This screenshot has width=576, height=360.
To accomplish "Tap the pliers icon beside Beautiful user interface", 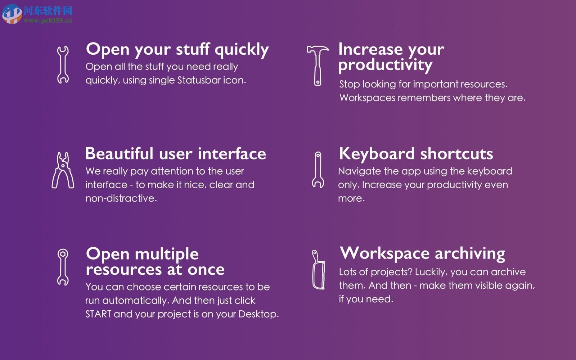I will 63,170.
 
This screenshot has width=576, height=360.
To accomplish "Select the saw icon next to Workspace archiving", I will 318,270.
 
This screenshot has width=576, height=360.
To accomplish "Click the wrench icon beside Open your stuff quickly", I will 63,65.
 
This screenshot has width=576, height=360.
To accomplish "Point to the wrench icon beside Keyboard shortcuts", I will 318,170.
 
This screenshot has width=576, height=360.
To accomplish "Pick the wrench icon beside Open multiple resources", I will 63,267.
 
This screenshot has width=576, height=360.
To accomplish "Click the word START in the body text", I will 98,314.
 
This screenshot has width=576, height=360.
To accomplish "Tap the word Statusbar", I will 199,80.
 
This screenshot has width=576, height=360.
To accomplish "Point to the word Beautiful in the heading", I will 119,154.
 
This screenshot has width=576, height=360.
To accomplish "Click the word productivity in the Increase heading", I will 385,65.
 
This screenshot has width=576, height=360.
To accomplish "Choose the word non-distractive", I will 121,198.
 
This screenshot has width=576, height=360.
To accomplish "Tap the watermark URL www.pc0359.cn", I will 48,21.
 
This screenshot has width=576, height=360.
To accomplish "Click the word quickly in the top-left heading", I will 242,50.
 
